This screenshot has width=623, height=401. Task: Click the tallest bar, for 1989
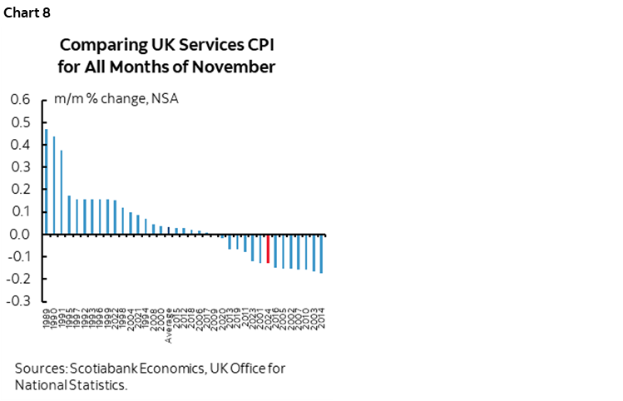click(47, 181)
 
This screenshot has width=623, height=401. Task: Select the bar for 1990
click(54, 185)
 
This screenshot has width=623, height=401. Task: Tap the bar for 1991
click(62, 192)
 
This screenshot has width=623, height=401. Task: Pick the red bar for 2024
click(268, 249)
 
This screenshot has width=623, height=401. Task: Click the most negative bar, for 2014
click(321, 253)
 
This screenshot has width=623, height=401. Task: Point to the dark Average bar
click(169, 230)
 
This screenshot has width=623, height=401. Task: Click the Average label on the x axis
click(170, 326)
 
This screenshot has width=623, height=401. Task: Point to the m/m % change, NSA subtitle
click(116, 100)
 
